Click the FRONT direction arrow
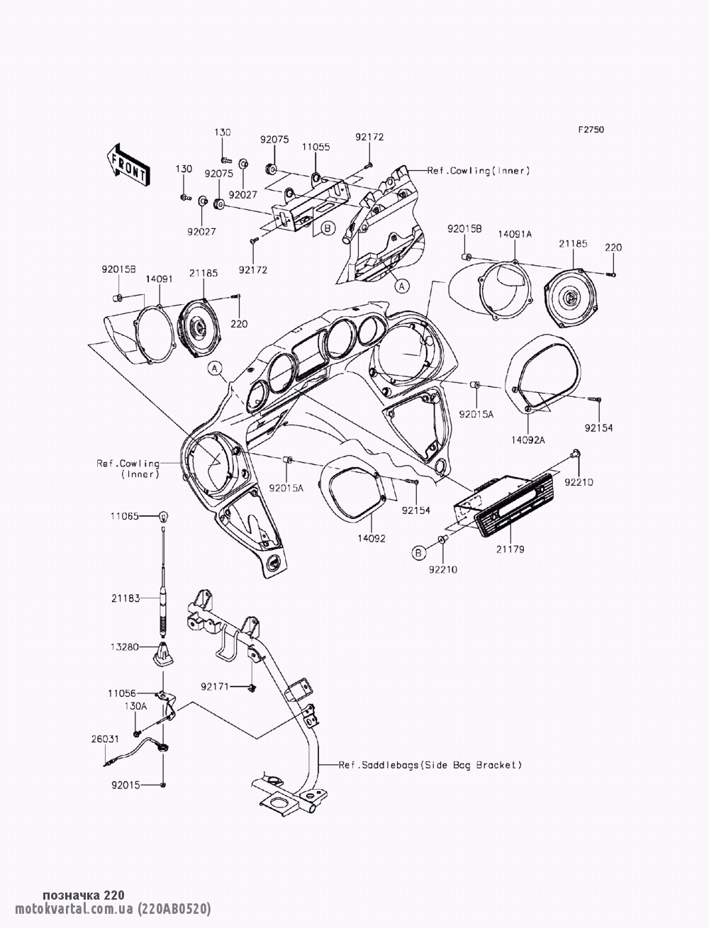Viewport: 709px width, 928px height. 128,164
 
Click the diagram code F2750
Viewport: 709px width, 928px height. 590,130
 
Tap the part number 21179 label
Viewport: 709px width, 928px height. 510,549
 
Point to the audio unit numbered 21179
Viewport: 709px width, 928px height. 503,504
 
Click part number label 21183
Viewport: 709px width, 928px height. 124,599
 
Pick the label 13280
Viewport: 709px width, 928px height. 124,647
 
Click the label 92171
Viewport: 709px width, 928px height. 216,686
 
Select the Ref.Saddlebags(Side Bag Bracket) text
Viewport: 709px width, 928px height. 430,765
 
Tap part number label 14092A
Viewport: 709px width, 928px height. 529,440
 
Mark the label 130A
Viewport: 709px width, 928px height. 136,706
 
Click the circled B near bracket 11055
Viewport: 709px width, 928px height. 327,228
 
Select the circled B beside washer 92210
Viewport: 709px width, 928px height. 419,552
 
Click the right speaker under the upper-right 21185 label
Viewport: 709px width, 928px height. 571,298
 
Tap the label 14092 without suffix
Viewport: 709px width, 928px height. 372,538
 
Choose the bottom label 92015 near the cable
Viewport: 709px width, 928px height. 125,786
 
